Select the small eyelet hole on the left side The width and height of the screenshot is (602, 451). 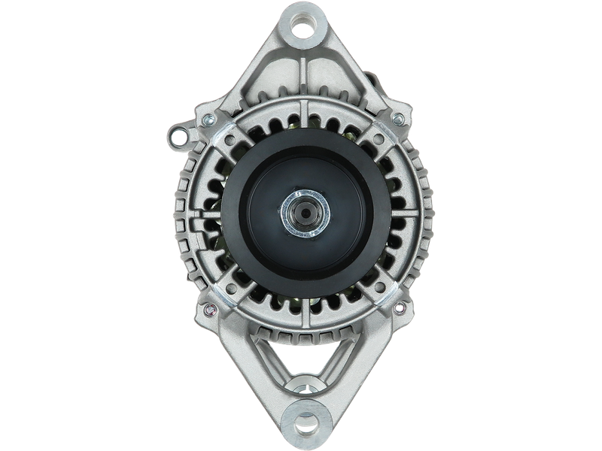click(178, 135)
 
